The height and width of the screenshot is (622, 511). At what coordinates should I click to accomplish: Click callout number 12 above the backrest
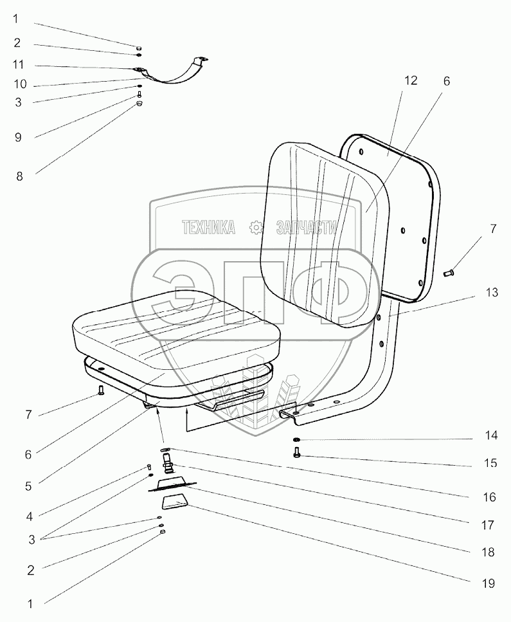pyautogui.click(x=411, y=80)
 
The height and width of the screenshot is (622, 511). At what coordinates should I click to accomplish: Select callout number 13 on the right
pyautogui.click(x=492, y=293)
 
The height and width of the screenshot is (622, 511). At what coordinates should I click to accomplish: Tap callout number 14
pyautogui.click(x=492, y=436)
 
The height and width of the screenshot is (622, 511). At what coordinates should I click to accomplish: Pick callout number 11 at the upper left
pyautogui.click(x=19, y=65)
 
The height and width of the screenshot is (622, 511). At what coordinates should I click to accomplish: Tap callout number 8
pyautogui.click(x=19, y=176)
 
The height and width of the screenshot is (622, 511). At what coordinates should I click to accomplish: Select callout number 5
pyautogui.click(x=28, y=486)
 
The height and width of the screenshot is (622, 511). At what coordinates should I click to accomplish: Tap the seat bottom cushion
pyautogui.click(x=177, y=328)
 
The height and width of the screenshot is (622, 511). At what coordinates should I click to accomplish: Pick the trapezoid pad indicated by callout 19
pyautogui.click(x=173, y=502)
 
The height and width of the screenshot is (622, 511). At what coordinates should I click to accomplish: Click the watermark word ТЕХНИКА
pyautogui.click(x=208, y=227)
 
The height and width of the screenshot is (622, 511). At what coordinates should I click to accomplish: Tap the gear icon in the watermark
pyautogui.click(x=256, y=227)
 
